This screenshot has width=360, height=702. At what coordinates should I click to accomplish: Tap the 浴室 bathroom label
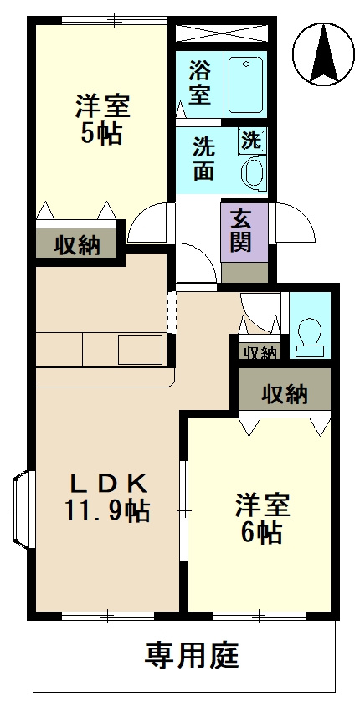coord(199,81)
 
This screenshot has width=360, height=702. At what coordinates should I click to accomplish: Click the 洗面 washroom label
coord(203,158)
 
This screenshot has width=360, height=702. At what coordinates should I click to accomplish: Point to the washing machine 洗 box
coord(252,139)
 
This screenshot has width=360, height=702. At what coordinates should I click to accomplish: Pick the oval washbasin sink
coord(251,172)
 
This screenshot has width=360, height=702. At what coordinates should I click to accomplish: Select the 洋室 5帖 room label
coord(102,120)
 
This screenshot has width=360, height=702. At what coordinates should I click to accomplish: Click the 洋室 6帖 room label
coord(262,518)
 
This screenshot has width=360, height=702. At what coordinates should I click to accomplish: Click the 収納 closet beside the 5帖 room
coord(79,245)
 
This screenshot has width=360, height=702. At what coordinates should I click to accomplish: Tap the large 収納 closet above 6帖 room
coord(284,392)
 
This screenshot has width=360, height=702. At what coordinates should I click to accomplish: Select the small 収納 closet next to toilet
coord(260,352)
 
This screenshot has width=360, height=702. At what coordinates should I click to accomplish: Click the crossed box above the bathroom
coord(222,34)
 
